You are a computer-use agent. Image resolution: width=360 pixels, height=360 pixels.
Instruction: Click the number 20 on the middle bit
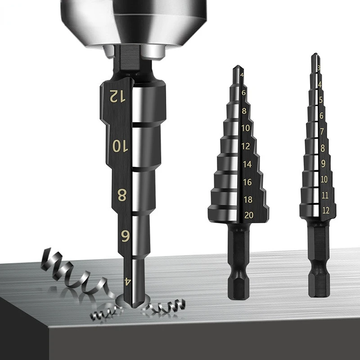(x=248, y=215)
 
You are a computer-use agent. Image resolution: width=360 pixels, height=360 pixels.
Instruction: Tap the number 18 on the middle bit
(x=247, y=199)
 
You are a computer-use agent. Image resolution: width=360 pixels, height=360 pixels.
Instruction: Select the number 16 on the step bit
(x=247, y=182)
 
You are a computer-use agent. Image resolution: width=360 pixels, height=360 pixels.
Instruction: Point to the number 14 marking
(x=247, y=165)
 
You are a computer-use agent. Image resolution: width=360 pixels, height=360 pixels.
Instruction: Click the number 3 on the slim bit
(x=319, y=68)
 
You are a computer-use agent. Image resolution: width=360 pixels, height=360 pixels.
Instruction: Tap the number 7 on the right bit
(x=322, y=131)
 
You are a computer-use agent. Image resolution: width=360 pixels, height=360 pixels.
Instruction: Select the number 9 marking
(x=323, y=163)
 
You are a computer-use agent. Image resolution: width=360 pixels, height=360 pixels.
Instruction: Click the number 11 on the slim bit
(x=324, y=195)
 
